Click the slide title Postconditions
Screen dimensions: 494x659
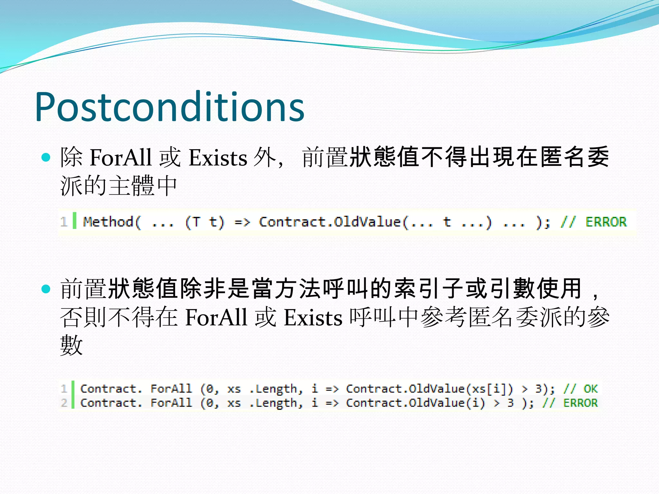pos(170,107)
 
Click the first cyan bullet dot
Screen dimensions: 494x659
pos(46,157)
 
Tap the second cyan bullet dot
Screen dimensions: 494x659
pos(46,289)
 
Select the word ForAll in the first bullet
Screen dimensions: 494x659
pos(121,158)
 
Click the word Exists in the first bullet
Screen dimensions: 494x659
pos(218,158)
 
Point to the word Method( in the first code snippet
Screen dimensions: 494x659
pos(112,222)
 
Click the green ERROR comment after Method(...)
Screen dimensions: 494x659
pos(606,222)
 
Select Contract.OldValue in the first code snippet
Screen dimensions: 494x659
pos(330,222)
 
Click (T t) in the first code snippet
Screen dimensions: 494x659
pos(205,222)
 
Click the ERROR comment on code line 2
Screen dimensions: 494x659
pos(580,403)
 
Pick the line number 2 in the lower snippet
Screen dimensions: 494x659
pos(64,403)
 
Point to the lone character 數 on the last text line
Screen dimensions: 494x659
pos(71,345)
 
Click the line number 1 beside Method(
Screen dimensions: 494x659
pos(64,222)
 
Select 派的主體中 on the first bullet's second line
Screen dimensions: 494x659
pos(118,186)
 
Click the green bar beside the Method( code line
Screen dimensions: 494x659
pos(75,221)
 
